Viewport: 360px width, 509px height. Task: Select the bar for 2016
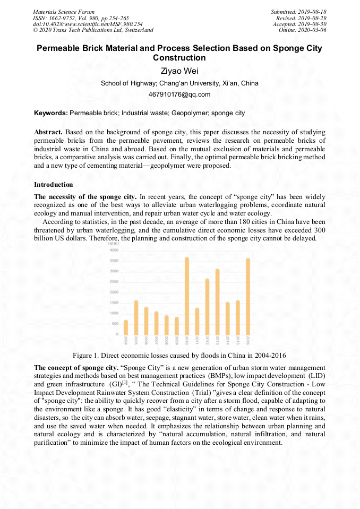coord(247,296)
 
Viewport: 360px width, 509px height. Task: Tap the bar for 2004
coord(126,327)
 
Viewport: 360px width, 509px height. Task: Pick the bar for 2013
coord(217,301)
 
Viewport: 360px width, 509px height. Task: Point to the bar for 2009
coord(176,326)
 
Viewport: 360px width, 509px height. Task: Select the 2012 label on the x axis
coord(207,340)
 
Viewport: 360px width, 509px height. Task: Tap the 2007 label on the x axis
coord(156,340)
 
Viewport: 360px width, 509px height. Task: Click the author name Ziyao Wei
coord(179,71)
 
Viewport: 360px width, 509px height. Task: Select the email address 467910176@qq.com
coord(179,94)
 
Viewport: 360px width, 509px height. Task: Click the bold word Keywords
coord(50,113)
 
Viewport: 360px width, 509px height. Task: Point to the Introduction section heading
coord(54,185)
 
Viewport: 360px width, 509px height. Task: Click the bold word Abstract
coord(48,132)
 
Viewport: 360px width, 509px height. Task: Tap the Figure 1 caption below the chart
coord(179,355)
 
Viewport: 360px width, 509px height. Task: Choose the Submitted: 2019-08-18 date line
coord(298,12)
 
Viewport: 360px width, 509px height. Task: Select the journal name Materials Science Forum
coord(64,12)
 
